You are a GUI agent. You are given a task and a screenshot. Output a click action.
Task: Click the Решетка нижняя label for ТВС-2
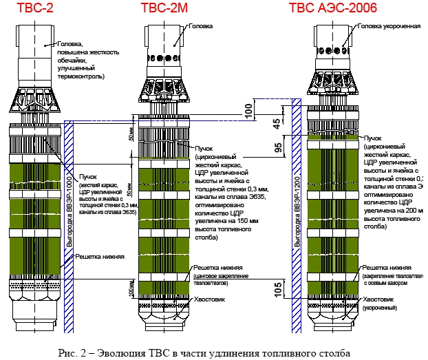coord(100,256)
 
